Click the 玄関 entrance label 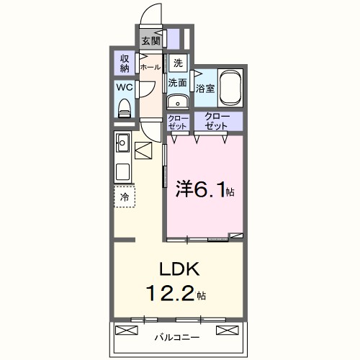point(150,40)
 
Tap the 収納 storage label point(124,64)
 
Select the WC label point(124,88)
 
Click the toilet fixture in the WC point(125,107)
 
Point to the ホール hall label point(150,67)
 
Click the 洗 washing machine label point(178,62)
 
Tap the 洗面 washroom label point(178,83)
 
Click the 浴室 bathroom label point(205,89)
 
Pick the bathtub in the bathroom point(230,87)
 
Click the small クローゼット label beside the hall point(176,121)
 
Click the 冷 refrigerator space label point(125,197)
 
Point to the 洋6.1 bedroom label point(205,190)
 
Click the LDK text point(176,269)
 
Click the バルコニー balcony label point(177,336)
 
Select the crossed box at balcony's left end point(127,331)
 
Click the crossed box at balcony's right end point(228,331)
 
